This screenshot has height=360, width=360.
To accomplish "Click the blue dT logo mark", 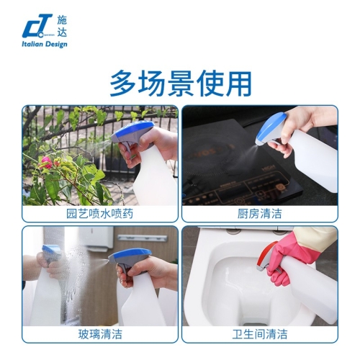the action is (x=37, y=26).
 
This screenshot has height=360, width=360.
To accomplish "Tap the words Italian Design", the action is (x=45, y=44).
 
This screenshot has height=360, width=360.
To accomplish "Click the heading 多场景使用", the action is (x=181, y=84).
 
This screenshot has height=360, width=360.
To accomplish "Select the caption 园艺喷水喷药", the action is (x=99, y=214).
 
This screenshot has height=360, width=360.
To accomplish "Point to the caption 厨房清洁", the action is (x=259, y=214).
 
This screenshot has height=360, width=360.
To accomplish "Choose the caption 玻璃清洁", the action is (x=100, y=334).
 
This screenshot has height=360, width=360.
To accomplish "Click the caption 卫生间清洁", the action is (x=260, y=334).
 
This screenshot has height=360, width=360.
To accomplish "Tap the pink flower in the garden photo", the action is (x=46, y=162).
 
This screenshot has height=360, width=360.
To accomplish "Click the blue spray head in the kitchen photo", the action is (x=271, y=130).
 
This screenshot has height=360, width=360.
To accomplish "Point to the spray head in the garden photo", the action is (x=133, y=135).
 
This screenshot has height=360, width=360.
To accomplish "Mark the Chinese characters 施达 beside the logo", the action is (x=62, y=26).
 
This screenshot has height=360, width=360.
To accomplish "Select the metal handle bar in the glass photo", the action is (x=143, y=238).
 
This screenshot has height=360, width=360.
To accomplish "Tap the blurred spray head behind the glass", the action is (x=51, y=254).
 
